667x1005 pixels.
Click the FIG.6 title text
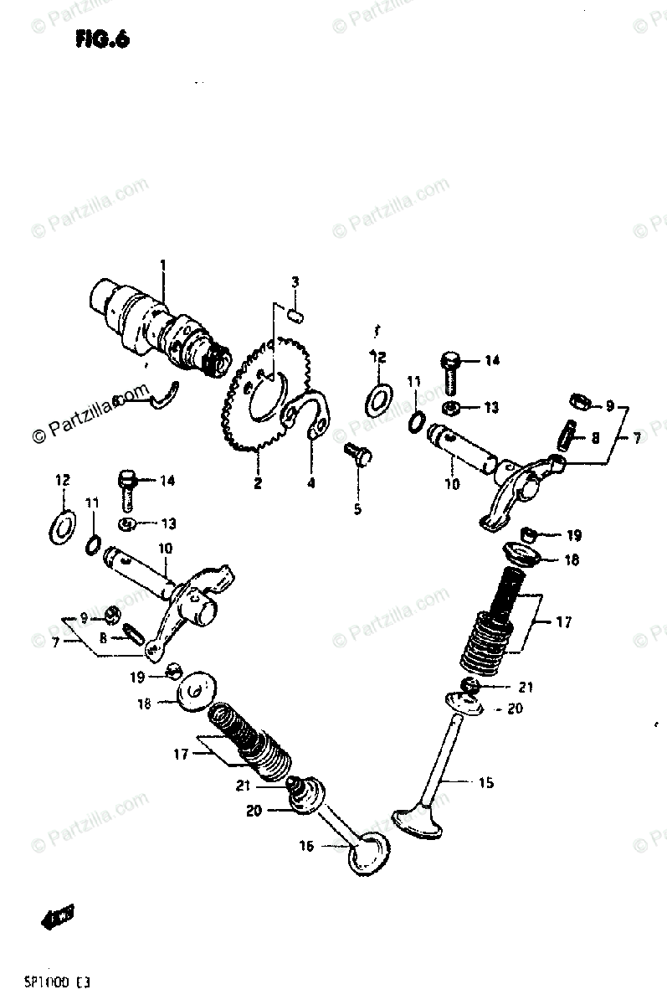[x=102, y=39]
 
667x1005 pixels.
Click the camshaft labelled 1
[x=159, y=327]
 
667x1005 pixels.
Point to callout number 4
[x=310, y=483]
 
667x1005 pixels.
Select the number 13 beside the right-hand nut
[x=490, y=408]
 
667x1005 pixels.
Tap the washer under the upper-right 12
[x=378, y=396]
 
